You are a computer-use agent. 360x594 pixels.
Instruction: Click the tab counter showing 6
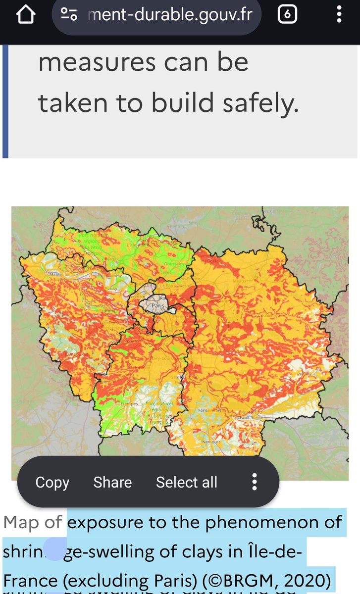point(287,15)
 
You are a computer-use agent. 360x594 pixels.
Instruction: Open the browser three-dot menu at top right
point(339,14)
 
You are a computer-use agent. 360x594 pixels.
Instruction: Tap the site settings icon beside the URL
point(69,14)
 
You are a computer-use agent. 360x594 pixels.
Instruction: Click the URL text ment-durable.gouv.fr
point(170,15)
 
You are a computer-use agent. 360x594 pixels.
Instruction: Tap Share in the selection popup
point(112,482)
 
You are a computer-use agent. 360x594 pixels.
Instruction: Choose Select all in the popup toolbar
point(187,482)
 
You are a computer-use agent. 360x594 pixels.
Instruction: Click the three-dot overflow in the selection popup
point(254,482)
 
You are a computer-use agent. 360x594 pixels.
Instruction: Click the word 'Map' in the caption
point(21,522)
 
